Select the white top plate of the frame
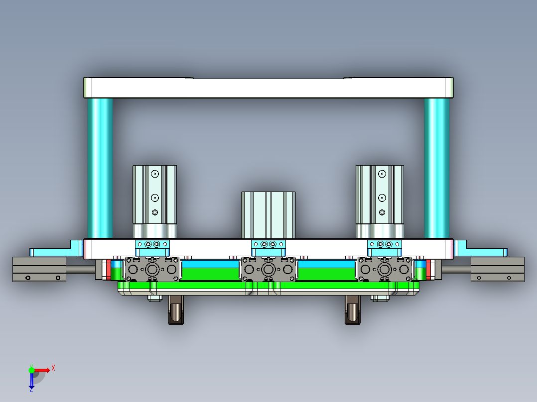point(268,88)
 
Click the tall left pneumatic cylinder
point(154,199)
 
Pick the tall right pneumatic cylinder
point(380,199)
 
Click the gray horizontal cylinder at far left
point(39,269)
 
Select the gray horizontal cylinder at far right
point(497,269)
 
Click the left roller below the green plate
point(176,310)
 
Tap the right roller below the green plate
point(352,310)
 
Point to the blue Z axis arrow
point(31,381)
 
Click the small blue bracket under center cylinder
point(268,245)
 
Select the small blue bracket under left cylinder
point(152,244)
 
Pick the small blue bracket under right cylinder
point(384,244)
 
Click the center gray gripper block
point(269,269)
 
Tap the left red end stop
point(108,269)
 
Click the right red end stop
point(429,269)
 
